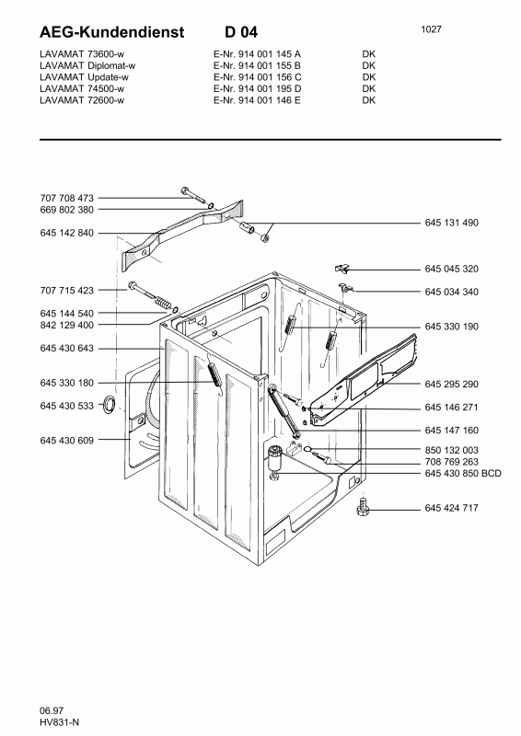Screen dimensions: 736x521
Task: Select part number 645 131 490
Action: pos(452,224)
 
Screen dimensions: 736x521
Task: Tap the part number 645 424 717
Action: pos(452,508)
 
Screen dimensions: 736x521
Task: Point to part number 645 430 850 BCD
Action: pos(462,474)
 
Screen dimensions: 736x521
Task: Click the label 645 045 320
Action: pos(452,269)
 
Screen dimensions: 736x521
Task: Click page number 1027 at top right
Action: pos(431,29)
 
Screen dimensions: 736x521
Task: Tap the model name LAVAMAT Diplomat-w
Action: pos(88,66)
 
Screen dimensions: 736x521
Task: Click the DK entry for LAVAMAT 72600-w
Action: pos(369,99)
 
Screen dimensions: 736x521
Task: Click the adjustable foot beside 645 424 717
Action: pos(363,506)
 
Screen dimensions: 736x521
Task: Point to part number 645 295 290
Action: pos(452,384)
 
